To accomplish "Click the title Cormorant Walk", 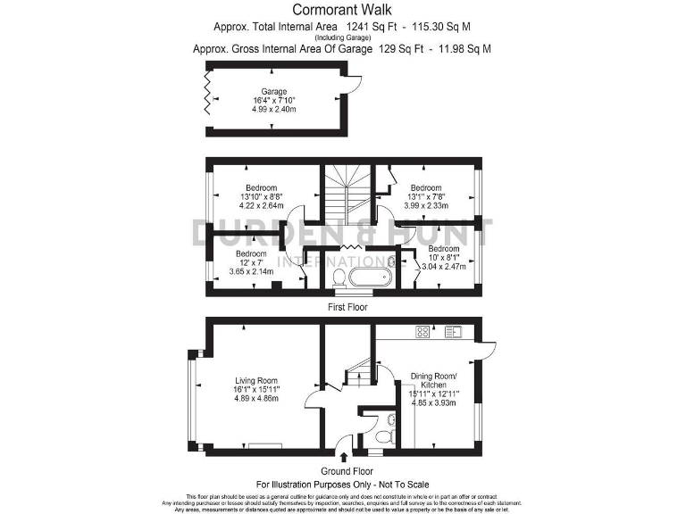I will tap(342, 9).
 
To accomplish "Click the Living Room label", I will tap(255, 379).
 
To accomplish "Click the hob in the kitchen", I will tap(422, 332).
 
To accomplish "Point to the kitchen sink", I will tap(452, 332).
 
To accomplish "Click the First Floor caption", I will tap(344, 306).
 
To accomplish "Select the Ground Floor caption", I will tap(344, 470).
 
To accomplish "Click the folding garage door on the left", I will tap(208, 92).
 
